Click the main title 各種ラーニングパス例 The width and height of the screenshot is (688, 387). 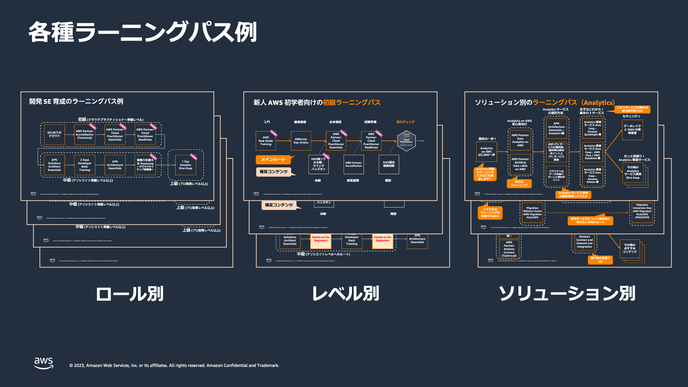(x=143, y=32)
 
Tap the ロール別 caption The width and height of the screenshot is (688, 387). (x=130, y=294)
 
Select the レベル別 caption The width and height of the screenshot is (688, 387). (x=345, y=294)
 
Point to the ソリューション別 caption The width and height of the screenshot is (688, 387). (x=567, y=294)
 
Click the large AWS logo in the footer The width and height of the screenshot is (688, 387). (x=44, y=363)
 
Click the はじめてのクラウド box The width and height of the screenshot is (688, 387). (x=54, y=134)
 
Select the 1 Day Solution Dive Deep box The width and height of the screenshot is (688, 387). (x=186, y=165)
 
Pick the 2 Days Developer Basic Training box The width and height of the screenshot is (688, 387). (x=85, y=165)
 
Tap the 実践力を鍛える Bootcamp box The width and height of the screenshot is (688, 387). (x=145, y=165)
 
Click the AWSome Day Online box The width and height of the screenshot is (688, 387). (x=301, y=141)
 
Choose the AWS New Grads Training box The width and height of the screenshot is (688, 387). (x=266, y=141)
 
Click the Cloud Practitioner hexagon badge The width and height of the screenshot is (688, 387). (x=406, y=141)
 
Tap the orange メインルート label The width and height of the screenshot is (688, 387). (x=273, y=159)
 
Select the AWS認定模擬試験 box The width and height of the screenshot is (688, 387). (x=389, y=164)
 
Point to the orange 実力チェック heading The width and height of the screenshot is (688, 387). (x=405, y=122)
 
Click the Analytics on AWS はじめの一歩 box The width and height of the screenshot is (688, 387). (x=486, y=152)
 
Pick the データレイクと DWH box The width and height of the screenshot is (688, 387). (x=632, y=129)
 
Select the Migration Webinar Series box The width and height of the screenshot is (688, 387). (x=532, y=213)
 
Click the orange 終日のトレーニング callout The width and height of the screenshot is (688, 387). (x=519, y=183)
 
